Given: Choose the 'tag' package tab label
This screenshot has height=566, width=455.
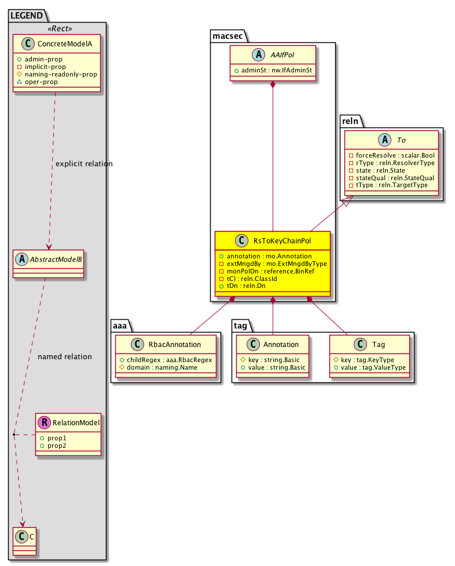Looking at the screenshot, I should click(241, 326).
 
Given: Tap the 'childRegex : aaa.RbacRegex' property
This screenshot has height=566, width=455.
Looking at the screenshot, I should click(167, 360).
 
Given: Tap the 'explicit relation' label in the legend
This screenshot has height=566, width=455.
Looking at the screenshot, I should click(84, 164).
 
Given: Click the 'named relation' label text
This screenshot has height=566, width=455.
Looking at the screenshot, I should click(64, 356).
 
